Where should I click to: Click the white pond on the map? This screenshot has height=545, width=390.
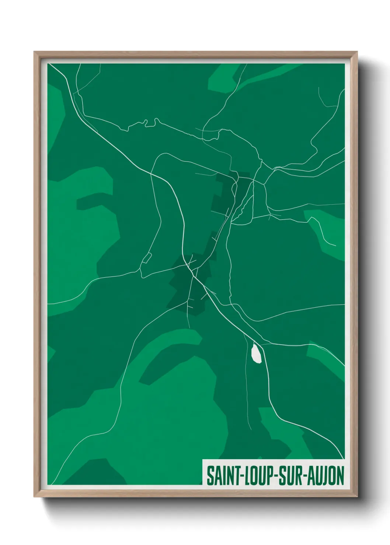(256, 353)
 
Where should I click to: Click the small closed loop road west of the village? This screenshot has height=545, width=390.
(146, 258)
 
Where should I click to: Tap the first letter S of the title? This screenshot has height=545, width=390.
(210, 476)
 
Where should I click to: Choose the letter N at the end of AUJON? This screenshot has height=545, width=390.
(339, 476)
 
